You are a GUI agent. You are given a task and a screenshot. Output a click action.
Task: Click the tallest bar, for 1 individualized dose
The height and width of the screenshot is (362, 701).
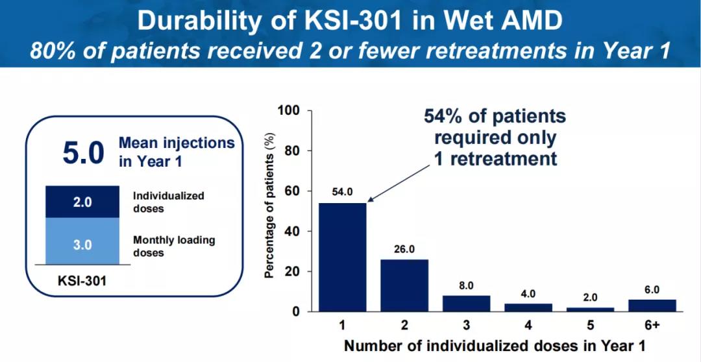(342, 258)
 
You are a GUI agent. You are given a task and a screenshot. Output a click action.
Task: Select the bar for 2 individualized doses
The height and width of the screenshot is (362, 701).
(404, 285)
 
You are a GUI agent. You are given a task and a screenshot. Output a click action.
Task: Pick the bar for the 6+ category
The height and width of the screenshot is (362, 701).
(652, 306)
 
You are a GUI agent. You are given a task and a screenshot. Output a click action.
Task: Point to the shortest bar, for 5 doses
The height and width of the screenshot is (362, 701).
(590, 309)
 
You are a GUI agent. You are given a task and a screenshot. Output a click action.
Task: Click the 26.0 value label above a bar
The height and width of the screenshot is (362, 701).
(404, 248)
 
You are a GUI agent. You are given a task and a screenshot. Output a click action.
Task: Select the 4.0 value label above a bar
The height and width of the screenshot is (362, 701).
(528, 293)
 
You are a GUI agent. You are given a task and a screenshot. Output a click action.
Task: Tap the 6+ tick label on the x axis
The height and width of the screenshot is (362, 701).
(652, 324)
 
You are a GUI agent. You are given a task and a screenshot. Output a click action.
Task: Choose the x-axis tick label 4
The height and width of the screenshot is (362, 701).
(528, 324)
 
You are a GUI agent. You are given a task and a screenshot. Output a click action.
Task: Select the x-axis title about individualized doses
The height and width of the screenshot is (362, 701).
(494, 345)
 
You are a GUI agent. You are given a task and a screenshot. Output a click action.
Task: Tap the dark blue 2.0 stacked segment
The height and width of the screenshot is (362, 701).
(82, 202)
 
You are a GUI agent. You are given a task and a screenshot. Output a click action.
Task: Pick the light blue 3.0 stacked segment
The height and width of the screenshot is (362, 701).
(82, 245)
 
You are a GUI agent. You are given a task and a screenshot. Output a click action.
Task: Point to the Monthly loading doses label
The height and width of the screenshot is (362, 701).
(173, 246)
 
